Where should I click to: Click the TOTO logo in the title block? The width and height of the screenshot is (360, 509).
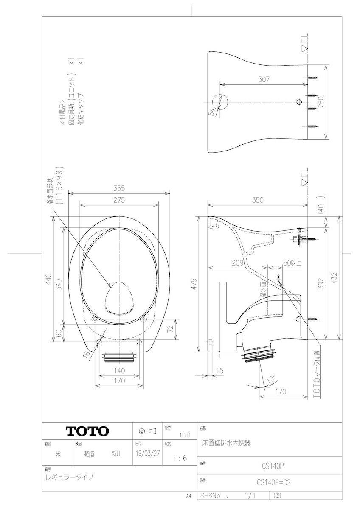(87, 431)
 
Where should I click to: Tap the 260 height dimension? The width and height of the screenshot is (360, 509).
(321, 102)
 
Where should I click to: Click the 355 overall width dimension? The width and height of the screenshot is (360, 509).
(119, 189)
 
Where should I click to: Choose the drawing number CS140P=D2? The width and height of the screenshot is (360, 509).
(273, 482)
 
